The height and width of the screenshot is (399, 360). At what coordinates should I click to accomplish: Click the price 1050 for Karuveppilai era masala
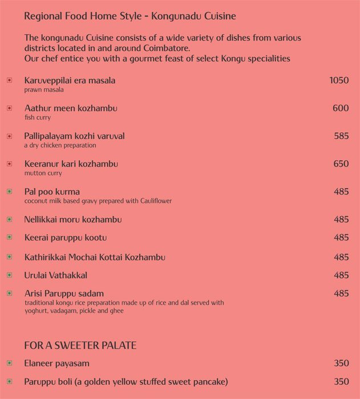click(x=339, y=80)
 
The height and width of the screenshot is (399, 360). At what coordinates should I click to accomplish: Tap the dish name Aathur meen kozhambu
click(x=71, y=108)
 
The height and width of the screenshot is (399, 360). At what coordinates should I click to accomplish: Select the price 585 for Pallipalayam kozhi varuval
click(x=341, y=136)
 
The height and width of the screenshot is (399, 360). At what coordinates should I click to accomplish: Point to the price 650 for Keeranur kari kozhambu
click(x=341, y=164)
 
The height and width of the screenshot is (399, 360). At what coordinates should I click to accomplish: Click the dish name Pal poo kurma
click(x=52, y=192)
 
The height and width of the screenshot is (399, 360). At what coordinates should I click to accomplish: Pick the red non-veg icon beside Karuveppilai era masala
click(x=9, y=80)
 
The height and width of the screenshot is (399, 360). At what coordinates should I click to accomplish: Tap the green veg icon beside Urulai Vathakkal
click(x=9, y=275)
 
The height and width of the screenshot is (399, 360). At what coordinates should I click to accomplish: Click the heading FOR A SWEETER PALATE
click(x=80, y=346)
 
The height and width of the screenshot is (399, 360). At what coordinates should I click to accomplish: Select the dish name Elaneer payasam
click(x=56, y=364)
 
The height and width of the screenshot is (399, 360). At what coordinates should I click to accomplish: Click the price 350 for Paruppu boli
click(x=341, y=382)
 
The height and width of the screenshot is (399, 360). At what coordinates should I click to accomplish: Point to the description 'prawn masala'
click(x=44, y=90)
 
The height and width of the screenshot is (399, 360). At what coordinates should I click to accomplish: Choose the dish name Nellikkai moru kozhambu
click(x=73, y=219)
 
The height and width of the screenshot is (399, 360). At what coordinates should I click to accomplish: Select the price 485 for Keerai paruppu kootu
click(x=341, y=238)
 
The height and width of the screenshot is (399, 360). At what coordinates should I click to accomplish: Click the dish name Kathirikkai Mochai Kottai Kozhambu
click(x=95, y=258)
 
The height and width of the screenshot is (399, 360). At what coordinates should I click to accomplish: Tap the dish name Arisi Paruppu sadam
click(x=64, y=294)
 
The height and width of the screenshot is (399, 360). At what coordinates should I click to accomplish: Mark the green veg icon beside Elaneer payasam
click(x=9, y=364)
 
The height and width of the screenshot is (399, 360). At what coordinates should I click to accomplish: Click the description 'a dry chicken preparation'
click(x=60, y=145)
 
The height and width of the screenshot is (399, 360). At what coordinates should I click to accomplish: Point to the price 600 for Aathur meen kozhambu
click(x=341, y=108)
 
